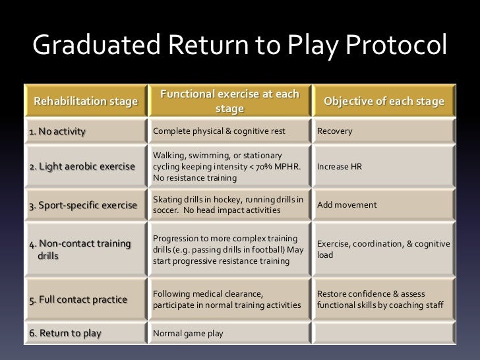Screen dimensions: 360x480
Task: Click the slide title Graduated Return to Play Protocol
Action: (x=239, y=47)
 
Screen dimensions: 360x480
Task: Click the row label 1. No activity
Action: (x=57, y=131)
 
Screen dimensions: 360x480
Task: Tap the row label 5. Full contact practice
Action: (x=78, y=300)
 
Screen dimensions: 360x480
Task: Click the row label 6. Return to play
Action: (x=65, y=333)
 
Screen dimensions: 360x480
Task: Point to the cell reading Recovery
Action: (x=335, y=131)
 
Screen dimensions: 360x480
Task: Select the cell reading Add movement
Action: (x=347, y=205)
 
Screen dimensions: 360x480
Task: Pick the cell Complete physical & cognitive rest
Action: (x=219, y=131)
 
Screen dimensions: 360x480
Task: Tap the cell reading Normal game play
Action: (x=188, y=333)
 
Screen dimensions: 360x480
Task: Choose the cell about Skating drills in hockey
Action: (x=228, y=205)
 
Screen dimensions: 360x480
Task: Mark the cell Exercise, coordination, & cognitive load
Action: (x=383, y=250)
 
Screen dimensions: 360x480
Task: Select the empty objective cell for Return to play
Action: (x=383, y=333)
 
